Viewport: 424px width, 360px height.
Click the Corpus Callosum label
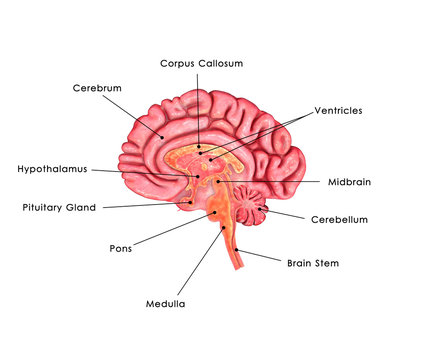pyautogui.click(x=201, y=63)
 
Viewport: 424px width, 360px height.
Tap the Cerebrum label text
pyautogui.click(x=97, y=88)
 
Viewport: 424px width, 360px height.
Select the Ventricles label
pyautogui.click(x=338, y=110)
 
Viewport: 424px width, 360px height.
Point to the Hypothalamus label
pyautogui.click(x=52, y=169)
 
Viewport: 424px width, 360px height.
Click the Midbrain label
pyautogui.click(x=349, y=182)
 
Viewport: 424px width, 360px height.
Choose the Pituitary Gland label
pyautogui.click(x=59, y=208)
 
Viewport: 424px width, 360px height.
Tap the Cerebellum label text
pyautogui.click(x=339, y=219)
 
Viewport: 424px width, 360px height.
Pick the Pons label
pyautogui.click(x=120, y=247)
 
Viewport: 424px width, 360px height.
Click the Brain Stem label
pyautogui.click(x=313, y=263)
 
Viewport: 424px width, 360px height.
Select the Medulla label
pyautogui.click(x=166, y=303)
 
